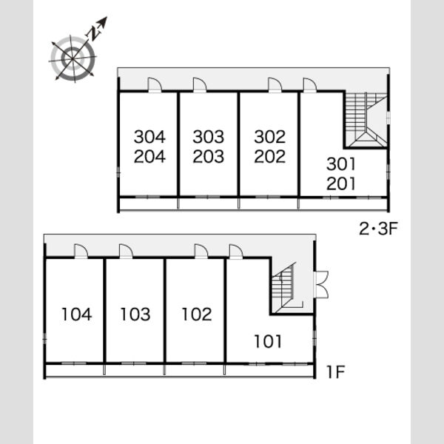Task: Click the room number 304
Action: (149, 137)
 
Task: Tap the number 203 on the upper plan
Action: (209, 157)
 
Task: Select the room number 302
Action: (269, 137)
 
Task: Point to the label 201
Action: (341, 184)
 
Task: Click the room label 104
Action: (77, 314)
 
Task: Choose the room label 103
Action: (135, 314)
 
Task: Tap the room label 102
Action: (197, 314)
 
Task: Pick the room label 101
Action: (268, 341)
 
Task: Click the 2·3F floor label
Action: (379, 229)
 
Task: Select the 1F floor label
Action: (335, 371)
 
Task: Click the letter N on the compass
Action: (94, 34)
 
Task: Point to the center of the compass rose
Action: (73, 59)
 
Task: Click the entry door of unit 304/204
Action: (155, 85)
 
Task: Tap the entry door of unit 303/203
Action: (200, 85)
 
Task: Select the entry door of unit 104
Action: (81, 251)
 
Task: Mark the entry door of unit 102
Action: (201, 251)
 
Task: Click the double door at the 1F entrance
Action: (321, 284)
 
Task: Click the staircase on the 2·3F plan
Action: (366, 120)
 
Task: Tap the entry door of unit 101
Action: (236, 251)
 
